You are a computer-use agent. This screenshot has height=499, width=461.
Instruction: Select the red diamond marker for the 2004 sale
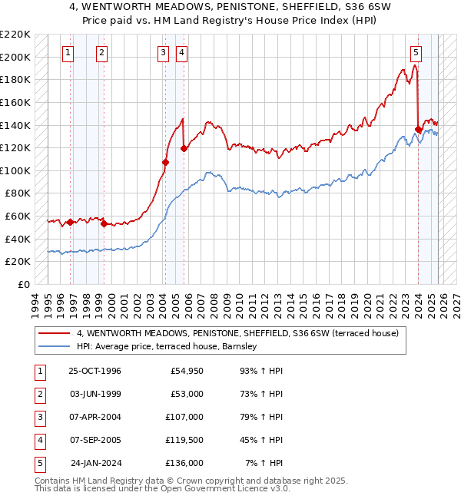click(x=165, y=162)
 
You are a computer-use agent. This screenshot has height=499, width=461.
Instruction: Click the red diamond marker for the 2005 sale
click(x=184, y=148)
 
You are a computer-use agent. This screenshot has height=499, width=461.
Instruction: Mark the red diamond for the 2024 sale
click(x=419, y=129)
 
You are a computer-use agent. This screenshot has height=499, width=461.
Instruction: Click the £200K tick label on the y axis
click(x=15, y=57)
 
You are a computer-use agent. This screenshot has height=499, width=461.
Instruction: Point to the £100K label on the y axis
click(x=15, y=170)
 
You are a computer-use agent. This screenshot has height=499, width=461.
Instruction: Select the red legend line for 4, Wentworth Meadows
click(x=55, y=334)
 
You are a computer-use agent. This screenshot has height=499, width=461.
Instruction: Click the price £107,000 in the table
click(x=185, y=417)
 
